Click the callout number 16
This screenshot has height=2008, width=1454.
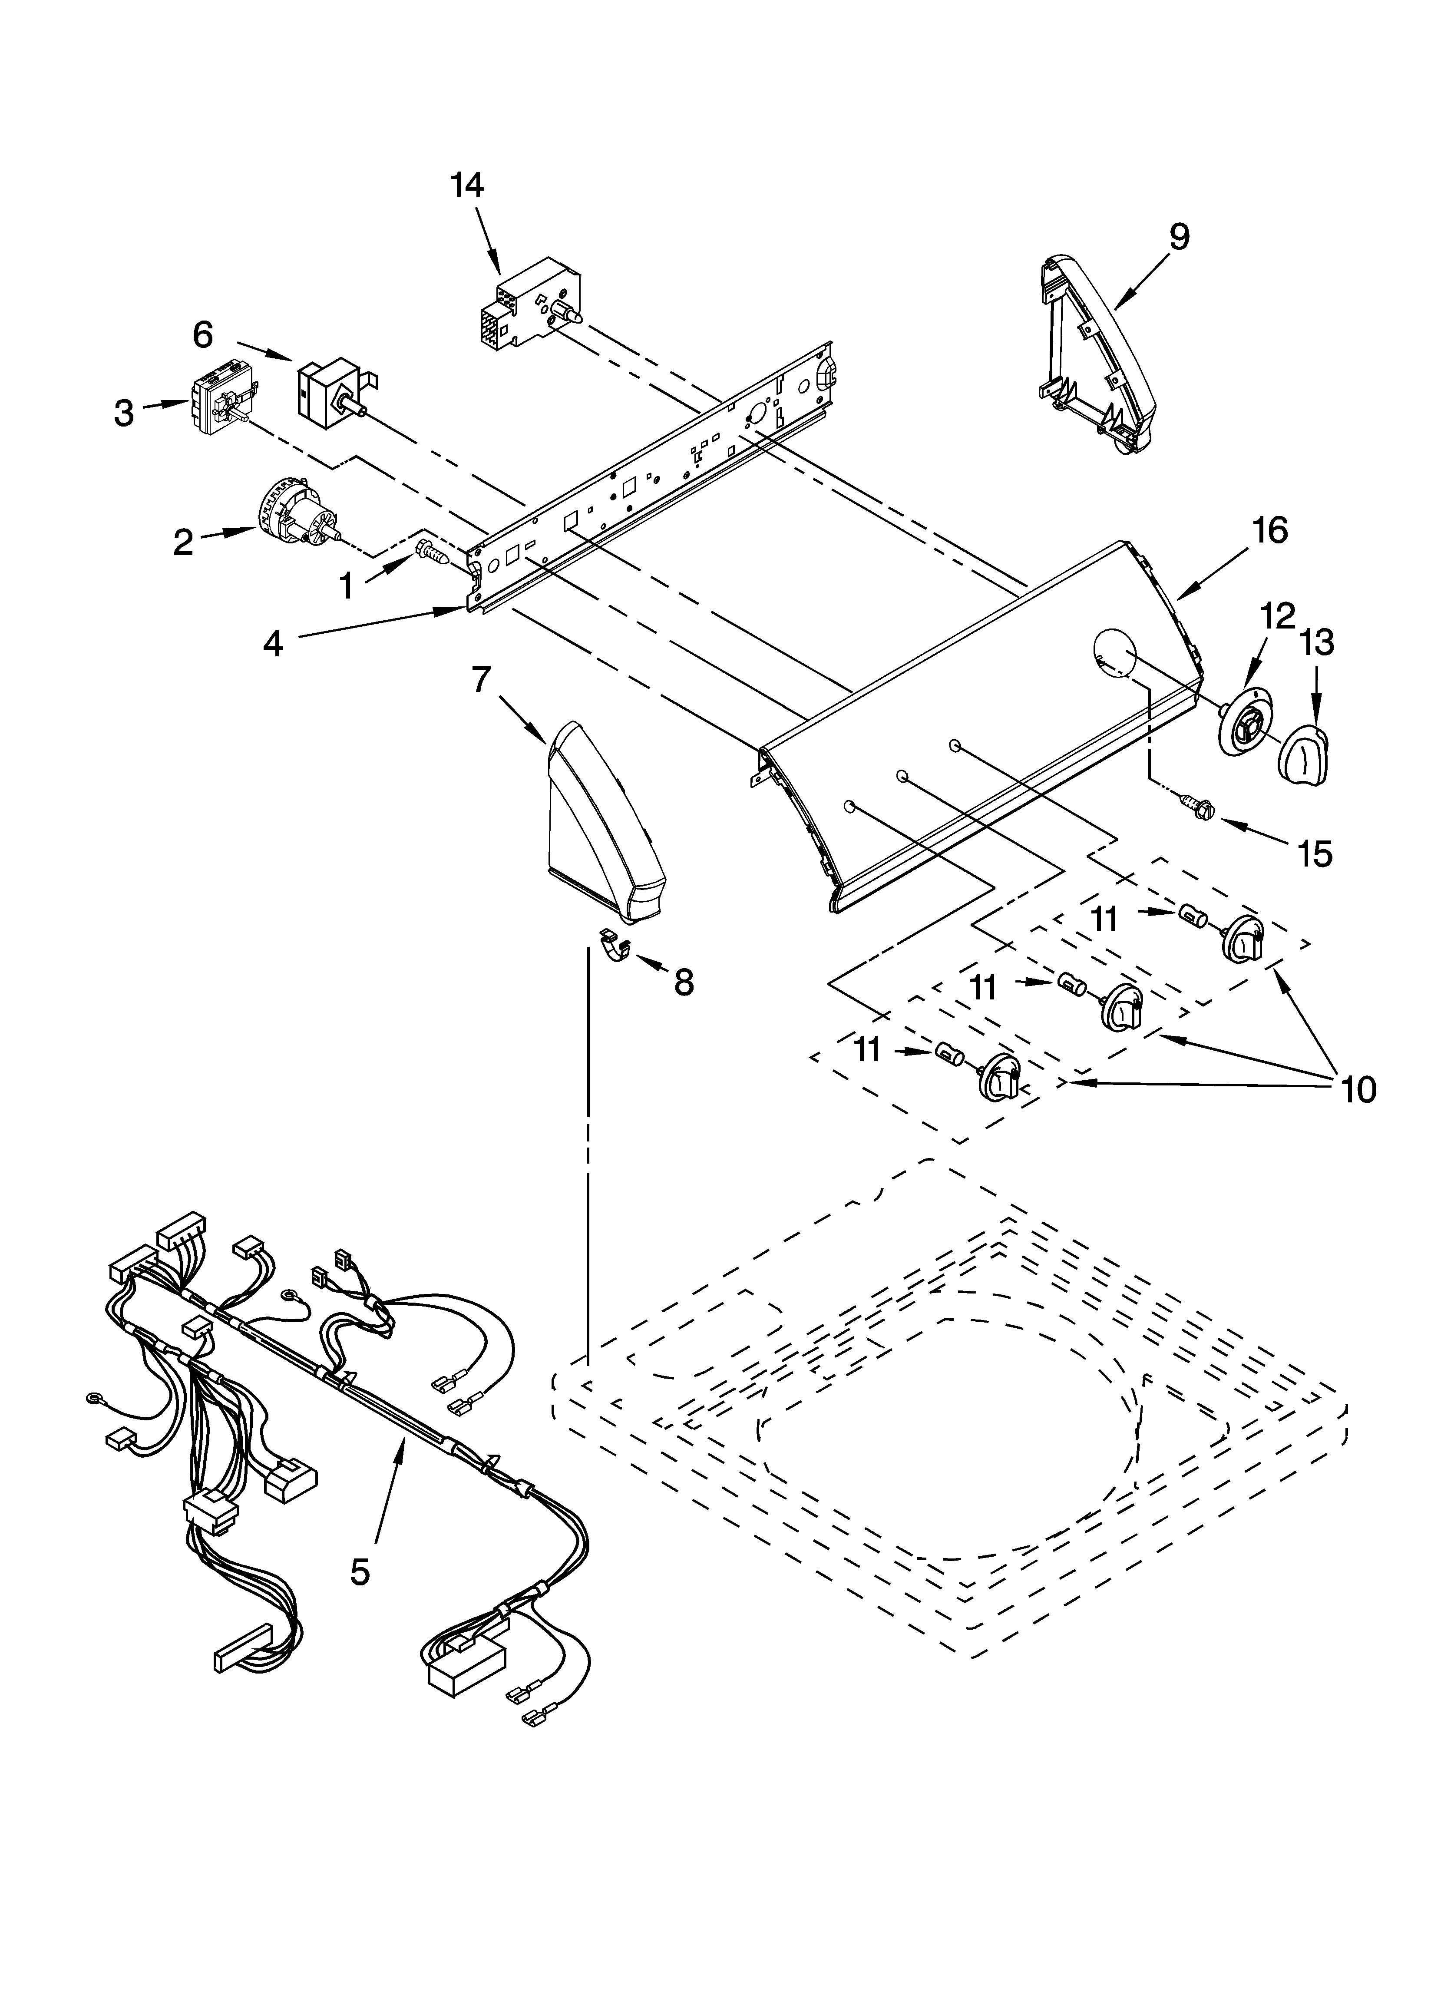[1270, 530]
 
